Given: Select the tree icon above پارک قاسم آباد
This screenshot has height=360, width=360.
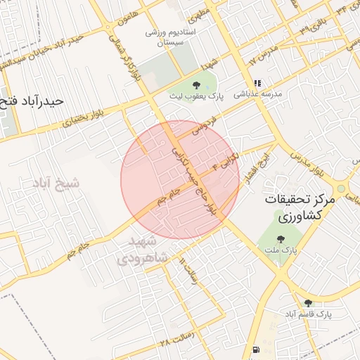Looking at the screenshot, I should pos(308,303).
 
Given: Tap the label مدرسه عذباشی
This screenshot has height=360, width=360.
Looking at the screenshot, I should pos(257,93).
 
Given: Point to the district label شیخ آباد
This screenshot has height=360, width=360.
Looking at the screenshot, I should pos(55,183).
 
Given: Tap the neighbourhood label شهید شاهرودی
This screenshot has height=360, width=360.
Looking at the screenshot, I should pos(148,249).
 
